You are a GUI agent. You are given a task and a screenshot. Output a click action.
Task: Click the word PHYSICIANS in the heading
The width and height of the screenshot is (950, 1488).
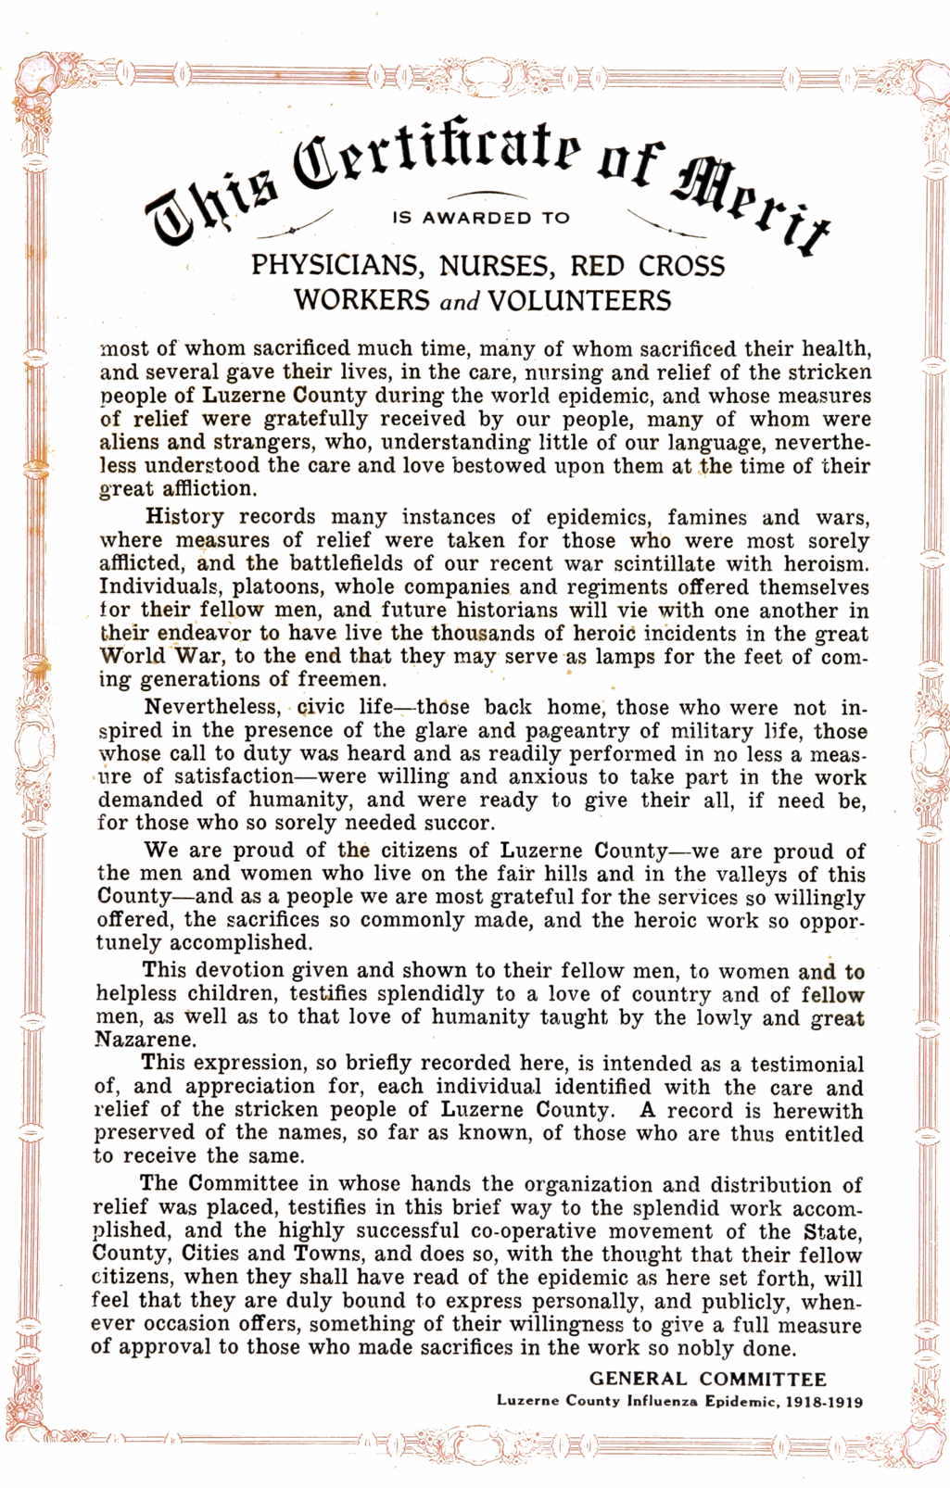[333, 266]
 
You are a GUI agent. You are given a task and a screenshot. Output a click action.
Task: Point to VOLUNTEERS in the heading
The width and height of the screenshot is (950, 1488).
[578, 300]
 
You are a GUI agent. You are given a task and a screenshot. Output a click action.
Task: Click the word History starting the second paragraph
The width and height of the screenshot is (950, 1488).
[185, 517]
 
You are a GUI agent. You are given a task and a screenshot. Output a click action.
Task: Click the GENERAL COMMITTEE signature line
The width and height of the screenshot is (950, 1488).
[708, 1378]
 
